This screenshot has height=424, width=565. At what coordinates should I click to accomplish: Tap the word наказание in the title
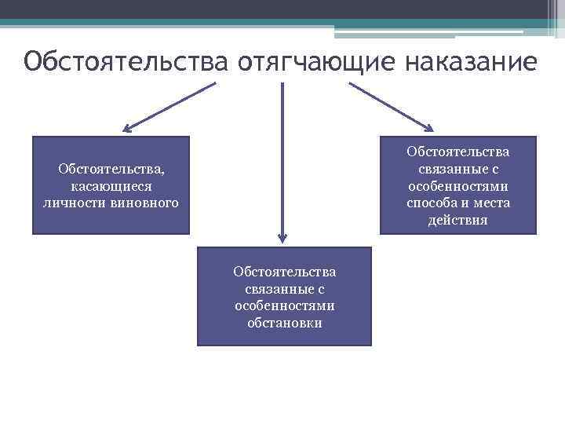point(472,61)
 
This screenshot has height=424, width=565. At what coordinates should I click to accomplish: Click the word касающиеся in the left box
point(111,186)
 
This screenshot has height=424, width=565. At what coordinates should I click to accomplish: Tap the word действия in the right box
point(457,221)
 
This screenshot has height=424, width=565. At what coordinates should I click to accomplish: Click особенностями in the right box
point(458,186)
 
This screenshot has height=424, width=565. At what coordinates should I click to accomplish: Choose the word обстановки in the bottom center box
point(284,323)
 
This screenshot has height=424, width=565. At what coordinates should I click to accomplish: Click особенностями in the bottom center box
point(284,305)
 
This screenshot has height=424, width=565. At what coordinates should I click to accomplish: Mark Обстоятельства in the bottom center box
point(284,271)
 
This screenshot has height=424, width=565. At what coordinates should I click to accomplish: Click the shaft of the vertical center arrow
point(282,157)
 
